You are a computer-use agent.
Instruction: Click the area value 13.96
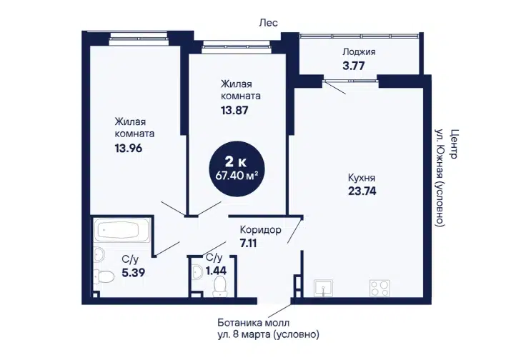point(129,149)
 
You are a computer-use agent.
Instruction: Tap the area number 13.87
point(234,110)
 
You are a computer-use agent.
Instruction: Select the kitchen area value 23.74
point(362,191)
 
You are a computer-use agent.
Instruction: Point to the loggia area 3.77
point(354,66)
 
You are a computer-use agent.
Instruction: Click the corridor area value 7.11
point(248,243)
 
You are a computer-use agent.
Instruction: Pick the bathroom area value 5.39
point(134,272)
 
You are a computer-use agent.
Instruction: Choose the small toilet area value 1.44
point(216,271)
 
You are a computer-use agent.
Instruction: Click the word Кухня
point(362,178)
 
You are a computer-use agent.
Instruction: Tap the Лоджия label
point(359,52)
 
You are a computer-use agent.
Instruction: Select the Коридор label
point(260,230)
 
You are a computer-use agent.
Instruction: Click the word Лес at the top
point(268,22)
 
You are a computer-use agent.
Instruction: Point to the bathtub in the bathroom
point(121,230)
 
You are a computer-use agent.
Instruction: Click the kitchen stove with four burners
point(379,288)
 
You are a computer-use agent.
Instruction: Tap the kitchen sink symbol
point(323,288)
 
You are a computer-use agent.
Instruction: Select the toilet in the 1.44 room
point(220,286)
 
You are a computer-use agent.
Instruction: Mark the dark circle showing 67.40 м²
point(237,169)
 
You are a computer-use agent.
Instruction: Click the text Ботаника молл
point(253,323)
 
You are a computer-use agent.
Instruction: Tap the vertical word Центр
point(453,144)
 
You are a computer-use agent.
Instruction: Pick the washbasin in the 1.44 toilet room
point(197,271)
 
